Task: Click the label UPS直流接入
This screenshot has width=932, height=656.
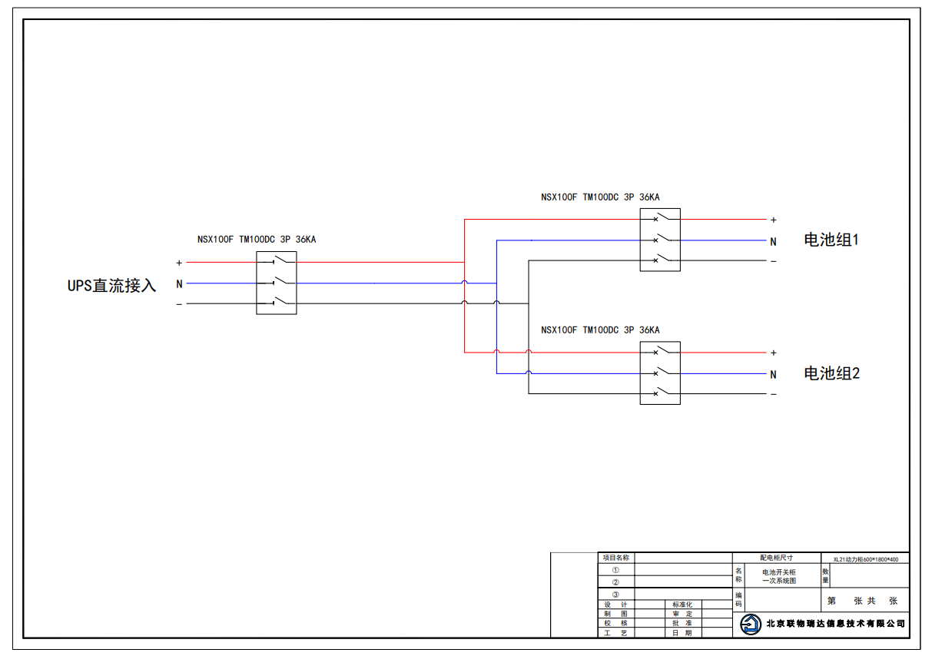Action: click(x=111, y=286)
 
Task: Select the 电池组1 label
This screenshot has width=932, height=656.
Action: click(x=831, y=240)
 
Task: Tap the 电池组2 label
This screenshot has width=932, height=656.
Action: click(x=831, y=373)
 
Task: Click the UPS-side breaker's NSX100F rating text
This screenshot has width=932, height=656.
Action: click(x=257, y=240)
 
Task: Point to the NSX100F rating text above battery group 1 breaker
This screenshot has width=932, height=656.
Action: click(x=600, y=197)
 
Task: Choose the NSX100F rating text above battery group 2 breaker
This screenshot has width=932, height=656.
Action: click(x=600, y=330)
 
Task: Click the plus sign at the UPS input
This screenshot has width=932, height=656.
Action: click(x=179, y=263)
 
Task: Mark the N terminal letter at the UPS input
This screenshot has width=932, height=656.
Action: click(x=179, y=284)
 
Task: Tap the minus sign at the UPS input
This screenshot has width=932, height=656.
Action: click(x=179, y=304)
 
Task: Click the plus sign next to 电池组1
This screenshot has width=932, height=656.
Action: click(x=774, y=220)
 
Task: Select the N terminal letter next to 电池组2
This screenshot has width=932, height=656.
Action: click(x=774, y=375)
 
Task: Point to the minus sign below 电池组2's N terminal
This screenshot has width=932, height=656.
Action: click(x=774, y=394)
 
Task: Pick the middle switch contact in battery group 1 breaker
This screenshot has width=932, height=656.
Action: click(x=664, y=238)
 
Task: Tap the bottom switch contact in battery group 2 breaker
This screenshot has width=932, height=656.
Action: click(x=664, y=392)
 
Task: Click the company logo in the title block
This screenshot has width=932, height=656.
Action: click(x=751, y=625)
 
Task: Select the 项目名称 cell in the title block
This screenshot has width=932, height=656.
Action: click(x=616, y=558)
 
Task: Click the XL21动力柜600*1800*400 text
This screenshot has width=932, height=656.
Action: click(x=866, y=559)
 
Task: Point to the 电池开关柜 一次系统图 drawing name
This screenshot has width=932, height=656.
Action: click(x=779, y=577)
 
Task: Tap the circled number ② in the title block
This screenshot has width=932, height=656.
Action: click(x=615, y=582)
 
